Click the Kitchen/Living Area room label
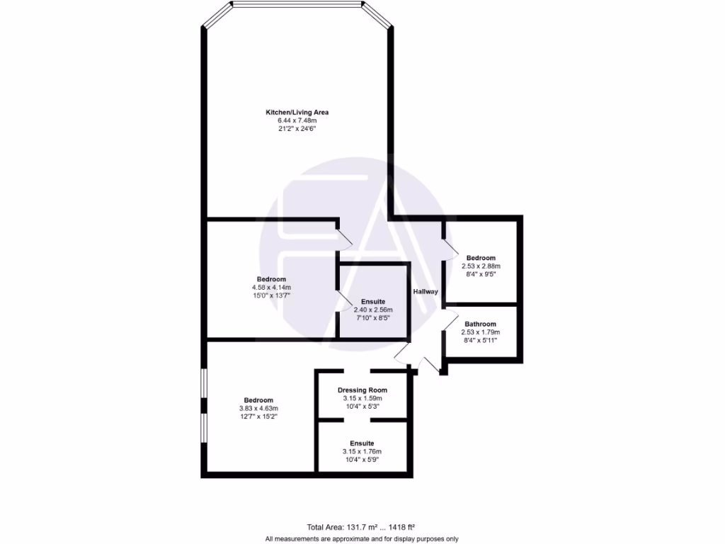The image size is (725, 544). pos(297,113)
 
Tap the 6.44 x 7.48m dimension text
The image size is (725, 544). pos(297,121)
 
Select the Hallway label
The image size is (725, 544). pos(426,292)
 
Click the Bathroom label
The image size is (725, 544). pos(480,324)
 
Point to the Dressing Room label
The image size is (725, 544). pos(362,390)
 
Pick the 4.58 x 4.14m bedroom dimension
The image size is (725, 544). pos(271,287)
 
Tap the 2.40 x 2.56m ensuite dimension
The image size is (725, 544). pos(372,310)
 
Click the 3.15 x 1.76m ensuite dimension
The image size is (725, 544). pos(362,452)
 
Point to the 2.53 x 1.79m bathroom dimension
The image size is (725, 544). pos(480,332)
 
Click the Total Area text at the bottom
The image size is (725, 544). pos(360,527)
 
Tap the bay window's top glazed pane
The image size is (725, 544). pos(297,6)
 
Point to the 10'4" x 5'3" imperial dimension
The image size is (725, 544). pos(362,407)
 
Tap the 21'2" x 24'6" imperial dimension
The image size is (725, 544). pos(297,130)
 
